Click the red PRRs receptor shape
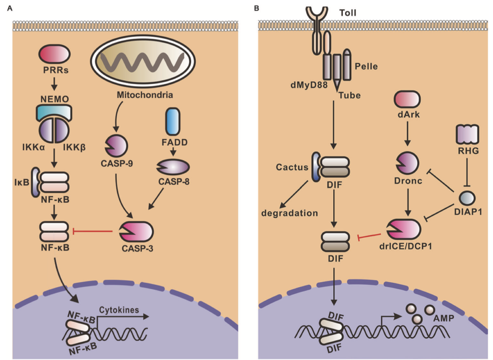pyautogui.click(x=54, y=54)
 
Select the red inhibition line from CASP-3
pyautogui.click(x=93, y=231)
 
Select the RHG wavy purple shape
pyautogui.click(x=468, y=136)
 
